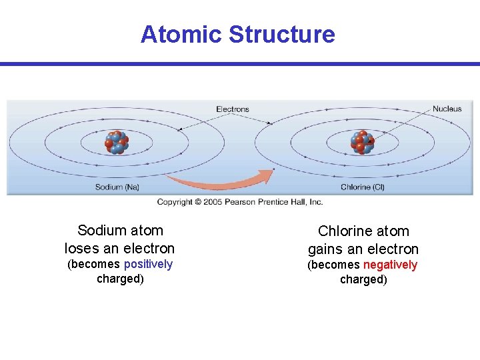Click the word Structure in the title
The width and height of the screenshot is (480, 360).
pyautogui.click(x=281, y=34)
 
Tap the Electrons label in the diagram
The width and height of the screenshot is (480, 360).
pyautogui.click(x=233, y=109)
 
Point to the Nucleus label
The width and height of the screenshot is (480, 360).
pyautogui.click(x=447, y=109)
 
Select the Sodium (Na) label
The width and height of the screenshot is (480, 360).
pyautogui.click(x=117, y=187)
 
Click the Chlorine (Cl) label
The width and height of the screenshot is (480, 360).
pyautogui.click(x=363, y=187)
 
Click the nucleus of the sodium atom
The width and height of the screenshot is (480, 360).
pyautogui.click(x=117, y=143)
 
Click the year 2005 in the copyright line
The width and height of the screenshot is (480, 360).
pyautogui.click(x=213, y=202)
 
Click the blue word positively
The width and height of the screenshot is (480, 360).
pyautogui.click(x=148, y=265)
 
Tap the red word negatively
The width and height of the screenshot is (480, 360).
pyautogui.click(x=390, y=265)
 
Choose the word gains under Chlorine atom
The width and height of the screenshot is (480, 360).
pyautogui.click(x=328, y=249)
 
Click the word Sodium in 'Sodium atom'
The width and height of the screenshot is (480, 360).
pyautogui.click(x=101, y=231)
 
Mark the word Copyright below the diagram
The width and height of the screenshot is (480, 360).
pyautogui.click(x=175, y=202)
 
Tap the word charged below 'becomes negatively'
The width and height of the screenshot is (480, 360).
pyautogui.click(x=363, y=279)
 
